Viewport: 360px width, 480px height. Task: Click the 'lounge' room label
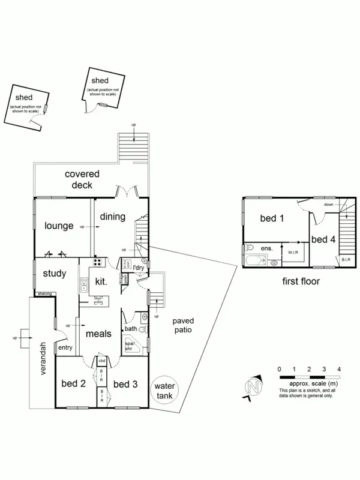pos(59,226)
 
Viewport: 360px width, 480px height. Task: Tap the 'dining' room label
pos(112,217)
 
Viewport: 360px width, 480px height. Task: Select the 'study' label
pos(55,274)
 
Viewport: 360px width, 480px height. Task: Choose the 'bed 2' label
pos(74,384)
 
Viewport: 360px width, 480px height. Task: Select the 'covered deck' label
pos(82,179)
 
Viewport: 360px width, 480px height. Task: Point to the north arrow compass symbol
pos(254,386)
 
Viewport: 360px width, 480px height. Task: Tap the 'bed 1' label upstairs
pos(272,218)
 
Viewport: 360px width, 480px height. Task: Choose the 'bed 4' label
pos(323,239)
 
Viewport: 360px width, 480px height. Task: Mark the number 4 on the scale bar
pos(340,368)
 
